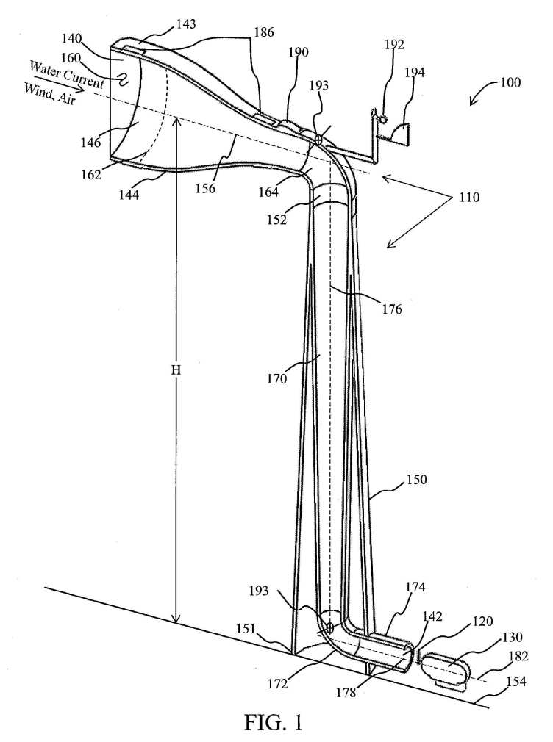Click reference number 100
point(510,82)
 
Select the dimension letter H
point(176,370)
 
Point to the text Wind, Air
point(50,94)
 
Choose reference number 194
point(414,73)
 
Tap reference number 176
point(392,309)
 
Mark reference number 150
point(416,480)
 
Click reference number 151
point(246,630)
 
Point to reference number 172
point(276,683)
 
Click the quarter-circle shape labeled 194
point(401,134)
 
